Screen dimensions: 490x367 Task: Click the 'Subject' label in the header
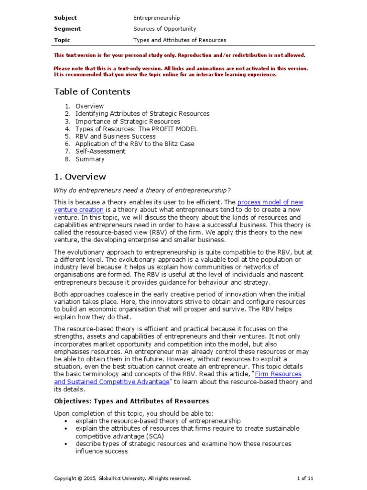click(x=65, y=18)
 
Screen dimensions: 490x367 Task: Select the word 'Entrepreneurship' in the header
click(x=156, y=18)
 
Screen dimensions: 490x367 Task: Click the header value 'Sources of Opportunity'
click(x=164, y=29)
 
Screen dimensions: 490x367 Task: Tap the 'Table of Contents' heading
click(x=92, y=91)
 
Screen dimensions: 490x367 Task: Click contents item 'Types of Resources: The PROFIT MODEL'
click(x=136, y=129)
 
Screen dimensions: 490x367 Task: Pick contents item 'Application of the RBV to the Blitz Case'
click(x=135, y=144)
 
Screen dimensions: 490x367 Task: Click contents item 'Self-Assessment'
click(x=100, y=151)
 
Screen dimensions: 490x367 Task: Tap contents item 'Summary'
click(x=90, y=159)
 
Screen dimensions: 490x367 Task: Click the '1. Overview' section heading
click(x=80, y=177)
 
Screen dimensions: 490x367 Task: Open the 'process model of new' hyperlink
click(x=270, y=202)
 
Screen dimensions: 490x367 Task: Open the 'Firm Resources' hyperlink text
click(x=278, y=374)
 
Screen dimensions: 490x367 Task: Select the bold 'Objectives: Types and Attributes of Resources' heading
click(x=131, y=401)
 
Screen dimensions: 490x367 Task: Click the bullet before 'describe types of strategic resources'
click(x=65, y=444)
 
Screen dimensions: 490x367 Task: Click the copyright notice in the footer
click(x=122, y=478)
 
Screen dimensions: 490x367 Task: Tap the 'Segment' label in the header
click(x=67, y=29)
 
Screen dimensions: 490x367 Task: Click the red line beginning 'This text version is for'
click(x=179, y=55)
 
